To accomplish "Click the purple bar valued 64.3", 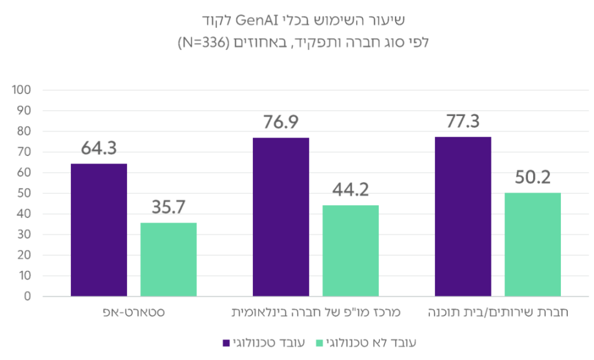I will pos(99,230).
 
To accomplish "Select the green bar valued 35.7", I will pos(169,260).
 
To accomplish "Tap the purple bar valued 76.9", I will pos(281,217).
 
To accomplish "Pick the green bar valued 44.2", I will pos(351,250).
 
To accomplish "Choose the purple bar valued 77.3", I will pos(463,216).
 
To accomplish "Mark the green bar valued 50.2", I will pos(533,244).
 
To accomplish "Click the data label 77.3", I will pos(462,122).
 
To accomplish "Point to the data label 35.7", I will pos(168,207).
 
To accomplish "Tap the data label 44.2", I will pos(351,190).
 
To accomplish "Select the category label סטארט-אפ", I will pos(134,313).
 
